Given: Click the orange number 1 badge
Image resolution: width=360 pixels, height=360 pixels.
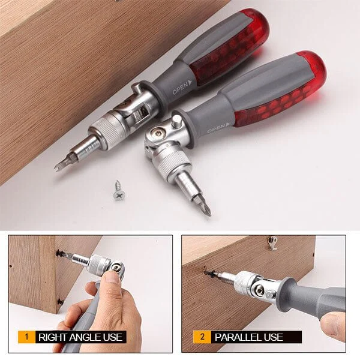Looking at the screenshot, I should click(x=26, y=337).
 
